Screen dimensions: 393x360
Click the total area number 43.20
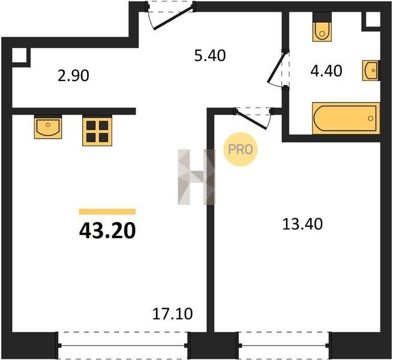107,230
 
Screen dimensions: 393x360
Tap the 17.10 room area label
172,314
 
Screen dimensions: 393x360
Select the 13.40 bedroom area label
302,224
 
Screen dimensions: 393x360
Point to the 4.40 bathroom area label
326,71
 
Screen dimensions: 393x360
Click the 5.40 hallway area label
210,56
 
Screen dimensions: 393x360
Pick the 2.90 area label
73,76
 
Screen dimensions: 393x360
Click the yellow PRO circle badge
241,149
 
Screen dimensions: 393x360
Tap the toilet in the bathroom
322,28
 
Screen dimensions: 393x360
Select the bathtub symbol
346,118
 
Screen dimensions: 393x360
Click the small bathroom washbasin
371,70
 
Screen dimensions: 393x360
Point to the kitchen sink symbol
48,127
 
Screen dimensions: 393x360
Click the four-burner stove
97,131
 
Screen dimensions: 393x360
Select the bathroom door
278,68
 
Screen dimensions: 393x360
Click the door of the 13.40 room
253,118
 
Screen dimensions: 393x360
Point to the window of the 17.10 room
123,346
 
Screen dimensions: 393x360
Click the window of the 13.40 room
284,346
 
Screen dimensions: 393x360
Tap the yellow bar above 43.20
107,212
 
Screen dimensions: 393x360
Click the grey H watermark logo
197,177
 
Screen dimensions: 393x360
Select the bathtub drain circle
371,118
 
